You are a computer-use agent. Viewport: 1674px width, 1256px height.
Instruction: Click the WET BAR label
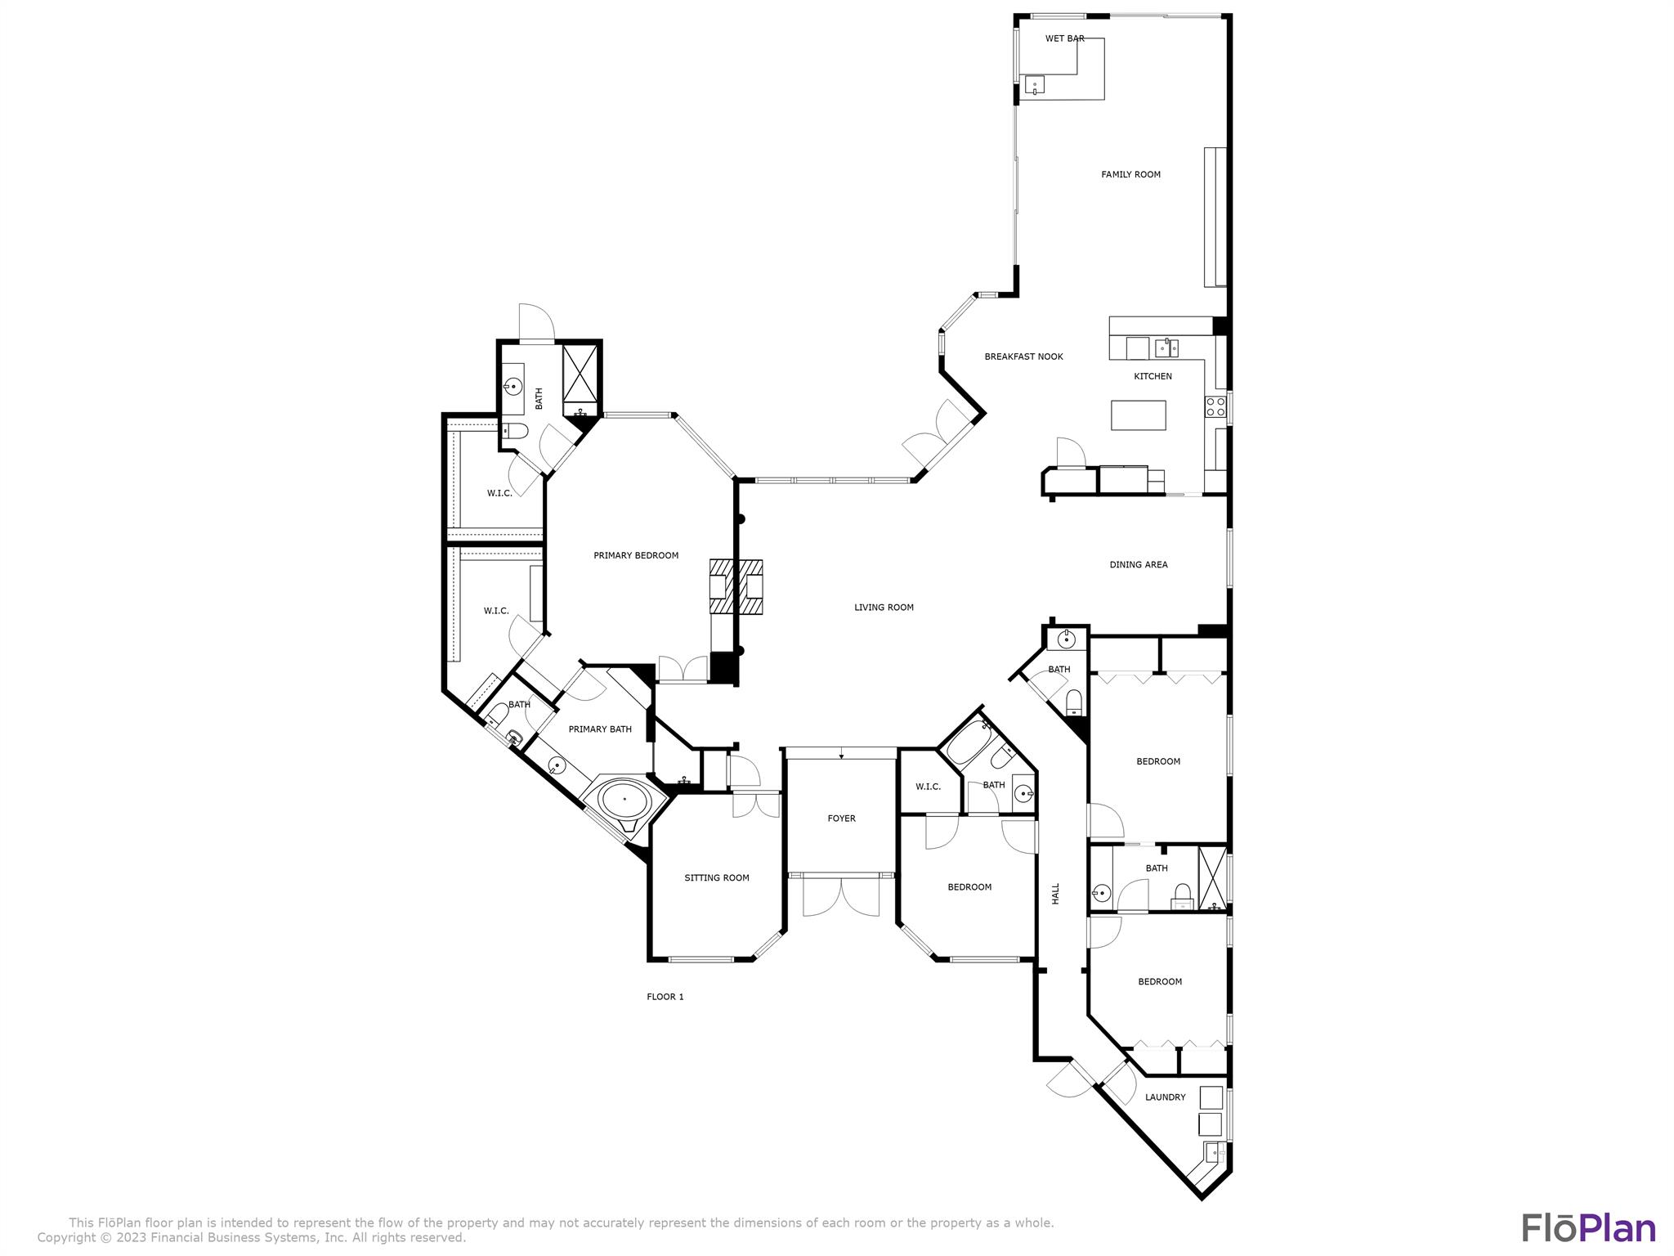(1064, 38)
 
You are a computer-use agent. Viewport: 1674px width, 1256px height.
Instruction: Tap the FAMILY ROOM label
(1130, 174)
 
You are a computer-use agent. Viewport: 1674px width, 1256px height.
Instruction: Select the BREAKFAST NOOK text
(1023, 357)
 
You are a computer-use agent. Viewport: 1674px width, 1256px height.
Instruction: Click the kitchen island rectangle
(1138, 415)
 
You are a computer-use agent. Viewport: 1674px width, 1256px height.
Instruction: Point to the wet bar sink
(1035, 85)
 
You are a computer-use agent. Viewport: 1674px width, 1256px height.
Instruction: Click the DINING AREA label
(1138, 564)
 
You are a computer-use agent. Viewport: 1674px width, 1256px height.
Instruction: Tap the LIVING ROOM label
(884, 607)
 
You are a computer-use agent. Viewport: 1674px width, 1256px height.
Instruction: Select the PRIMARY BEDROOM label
(636, 555)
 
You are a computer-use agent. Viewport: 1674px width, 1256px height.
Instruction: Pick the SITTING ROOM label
(717, 877)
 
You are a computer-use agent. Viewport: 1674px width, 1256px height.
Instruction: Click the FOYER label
(841, 818)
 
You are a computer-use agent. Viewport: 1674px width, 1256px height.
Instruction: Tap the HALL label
(1055, 893)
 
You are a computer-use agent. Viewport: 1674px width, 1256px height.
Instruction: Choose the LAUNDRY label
(1165, 1097)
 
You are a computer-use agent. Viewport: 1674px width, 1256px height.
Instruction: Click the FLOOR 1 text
(665, 996)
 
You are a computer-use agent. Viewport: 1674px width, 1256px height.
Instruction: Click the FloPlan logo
(1588, 1229)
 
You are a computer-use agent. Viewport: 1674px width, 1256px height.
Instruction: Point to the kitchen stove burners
(1215, 406)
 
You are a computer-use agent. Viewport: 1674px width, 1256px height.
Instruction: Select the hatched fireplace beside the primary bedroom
(736, 586)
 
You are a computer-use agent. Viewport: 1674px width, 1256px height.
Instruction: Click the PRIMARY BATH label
(600, 729)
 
